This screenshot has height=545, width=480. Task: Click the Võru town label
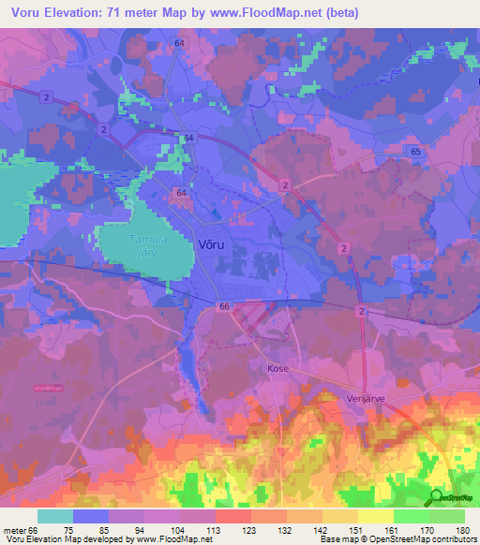(210, 243)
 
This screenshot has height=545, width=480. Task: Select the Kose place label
(278, 369)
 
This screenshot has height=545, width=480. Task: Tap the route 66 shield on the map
(224, 306)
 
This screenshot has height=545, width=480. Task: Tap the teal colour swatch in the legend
(54, 516)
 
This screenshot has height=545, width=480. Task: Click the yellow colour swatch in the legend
(375, 516)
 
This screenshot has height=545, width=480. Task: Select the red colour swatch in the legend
(232, 516)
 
